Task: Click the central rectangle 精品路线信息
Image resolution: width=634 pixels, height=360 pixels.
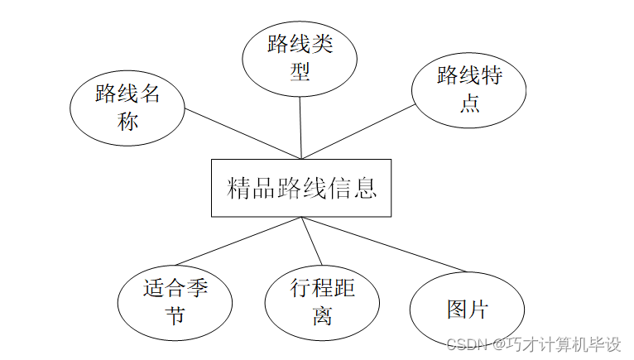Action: pyautogui.click(x=301, y=188)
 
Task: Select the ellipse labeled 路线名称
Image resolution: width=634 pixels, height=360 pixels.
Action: pyautogui.click(x=127, y=108)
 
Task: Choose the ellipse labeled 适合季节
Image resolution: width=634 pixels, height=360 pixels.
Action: pyautogui.click(x=174, y=302)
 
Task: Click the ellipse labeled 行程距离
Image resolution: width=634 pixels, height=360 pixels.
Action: pyautogui.click(x=322, y=302)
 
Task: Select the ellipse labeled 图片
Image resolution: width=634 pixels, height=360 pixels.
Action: pyautogui.click(x=468, y=310)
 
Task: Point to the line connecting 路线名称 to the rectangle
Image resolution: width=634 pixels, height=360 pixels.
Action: pyautogui.click(x=240, y=132)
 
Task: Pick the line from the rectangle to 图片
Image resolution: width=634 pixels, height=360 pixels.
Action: pyautogui.click(x=389, y=245)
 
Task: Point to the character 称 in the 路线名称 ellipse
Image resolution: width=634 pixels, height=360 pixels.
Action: pyautogui.click(x=127, y=122)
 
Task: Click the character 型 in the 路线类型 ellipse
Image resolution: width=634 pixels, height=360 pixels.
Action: pyautogui.click(x=300, y=72)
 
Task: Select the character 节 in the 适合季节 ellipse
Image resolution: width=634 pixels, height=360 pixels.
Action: pyautogui.click(x=174, y=316)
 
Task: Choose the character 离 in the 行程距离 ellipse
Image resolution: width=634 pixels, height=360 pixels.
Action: pyautogui.click(x=322, y=316)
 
